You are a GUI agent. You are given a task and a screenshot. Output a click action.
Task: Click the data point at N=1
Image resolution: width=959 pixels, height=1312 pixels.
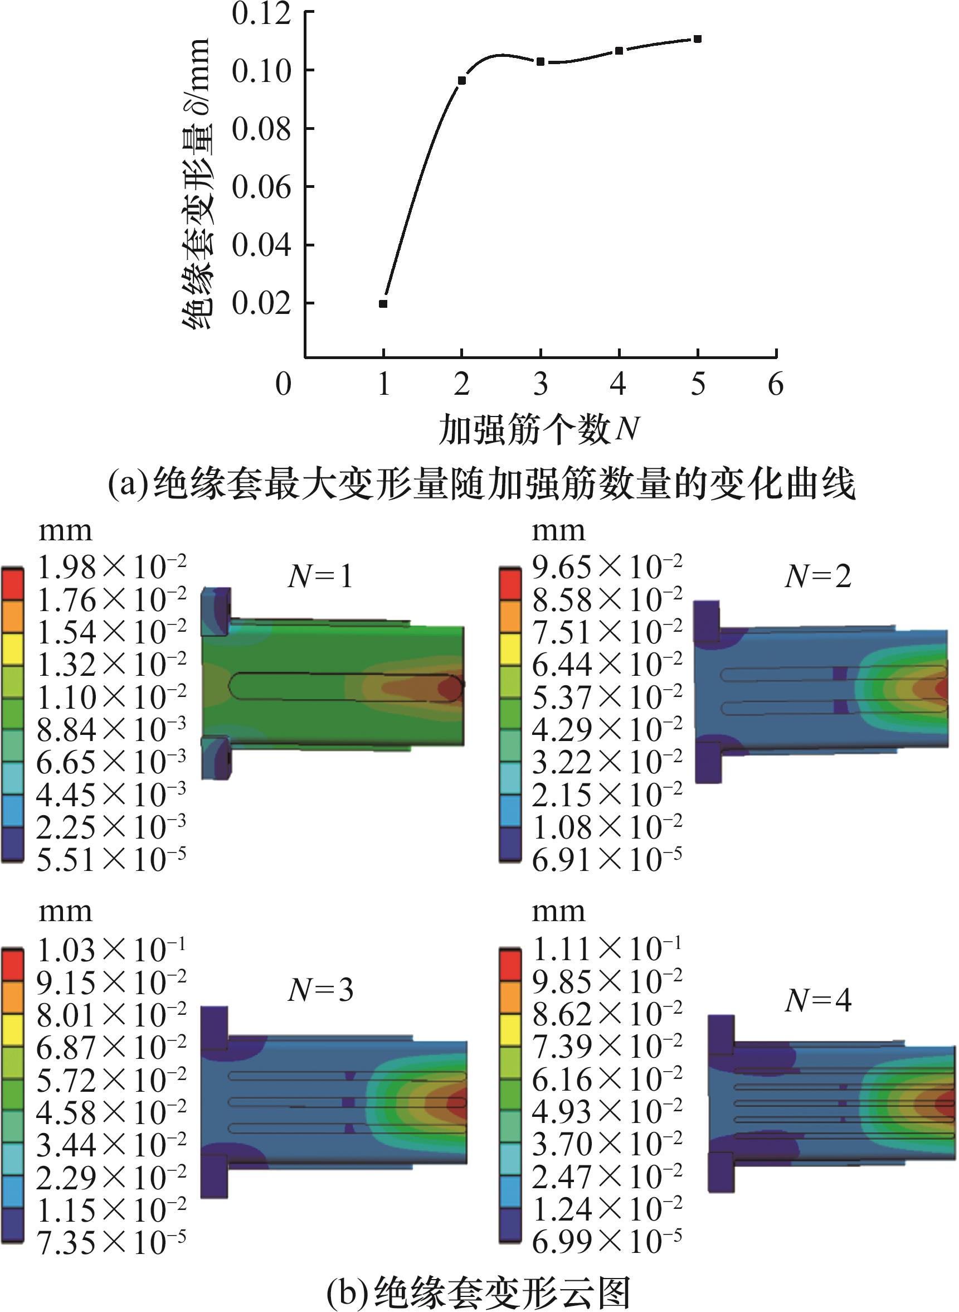click(383, 304)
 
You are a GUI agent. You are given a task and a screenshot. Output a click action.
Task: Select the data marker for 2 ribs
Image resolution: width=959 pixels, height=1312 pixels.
click(461, 80)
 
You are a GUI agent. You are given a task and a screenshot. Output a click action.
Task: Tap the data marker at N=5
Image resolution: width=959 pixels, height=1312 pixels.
click(697, 39)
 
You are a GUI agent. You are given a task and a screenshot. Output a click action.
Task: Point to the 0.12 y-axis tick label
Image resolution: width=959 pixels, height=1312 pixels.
click(261, 13)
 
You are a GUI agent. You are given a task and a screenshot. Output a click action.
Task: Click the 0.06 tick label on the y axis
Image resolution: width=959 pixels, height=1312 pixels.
click(261, 187)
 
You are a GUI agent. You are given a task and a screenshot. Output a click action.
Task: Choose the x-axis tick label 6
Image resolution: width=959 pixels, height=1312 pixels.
click(776, 385)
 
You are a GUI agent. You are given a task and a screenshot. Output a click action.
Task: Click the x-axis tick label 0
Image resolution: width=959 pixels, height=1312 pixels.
click(283, 385)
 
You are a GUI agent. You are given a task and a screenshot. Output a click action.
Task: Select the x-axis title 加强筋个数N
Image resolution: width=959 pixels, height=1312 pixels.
click(539, 430)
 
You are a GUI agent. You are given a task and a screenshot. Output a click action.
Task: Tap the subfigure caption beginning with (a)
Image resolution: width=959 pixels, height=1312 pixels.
click(482, 485)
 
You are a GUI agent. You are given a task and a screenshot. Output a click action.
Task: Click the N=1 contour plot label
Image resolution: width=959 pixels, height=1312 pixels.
click(320, 577)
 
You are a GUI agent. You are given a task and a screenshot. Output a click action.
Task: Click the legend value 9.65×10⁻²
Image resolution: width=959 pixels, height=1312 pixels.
click(607, 568)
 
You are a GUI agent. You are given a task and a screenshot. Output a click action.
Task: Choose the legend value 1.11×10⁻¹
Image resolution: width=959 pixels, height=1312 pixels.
click(607, 950)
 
